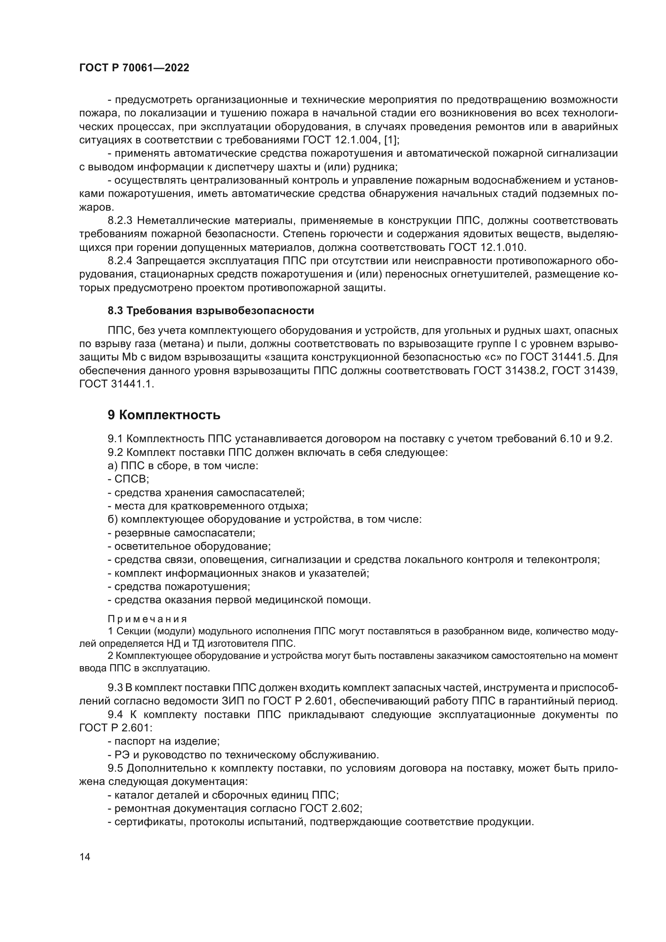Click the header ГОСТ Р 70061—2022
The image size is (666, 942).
tap(134, 68)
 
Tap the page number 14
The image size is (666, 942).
tap(85, 856)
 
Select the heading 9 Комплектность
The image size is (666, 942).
tap(163, 415)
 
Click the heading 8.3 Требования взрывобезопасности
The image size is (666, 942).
tap(211, 311)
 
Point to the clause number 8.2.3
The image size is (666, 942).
tap(120, 221)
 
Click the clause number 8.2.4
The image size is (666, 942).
tap(120, 261)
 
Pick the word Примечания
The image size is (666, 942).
tap(147, 619)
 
